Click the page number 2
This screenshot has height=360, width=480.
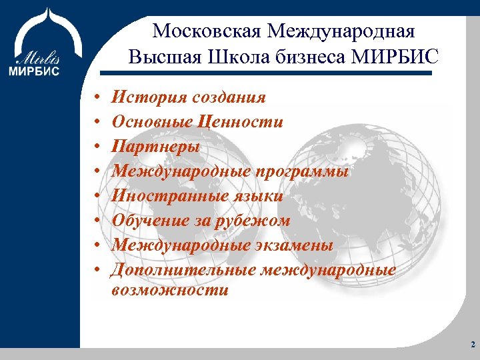[472, 345]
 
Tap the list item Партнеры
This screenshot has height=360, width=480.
[155, 147]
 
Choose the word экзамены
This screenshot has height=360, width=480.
[295, 245]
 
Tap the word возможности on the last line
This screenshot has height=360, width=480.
[170, 290]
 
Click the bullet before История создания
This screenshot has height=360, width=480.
[97, 99]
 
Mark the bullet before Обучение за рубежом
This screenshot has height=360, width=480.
[97, 221]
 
